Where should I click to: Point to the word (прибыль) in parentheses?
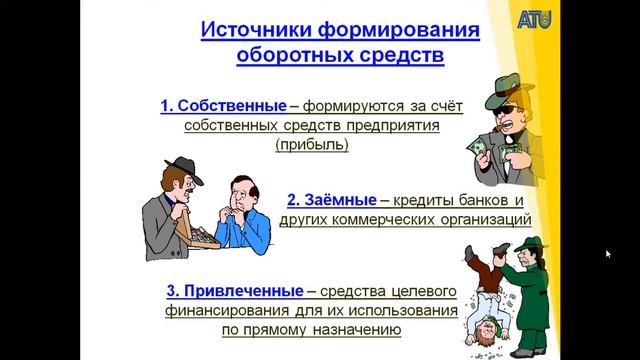(314, 144)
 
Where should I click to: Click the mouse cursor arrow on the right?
(607, 253)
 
